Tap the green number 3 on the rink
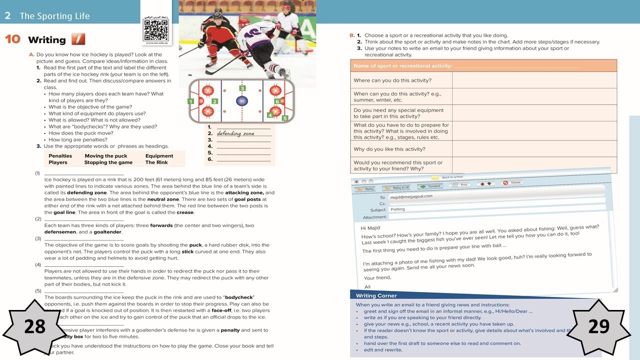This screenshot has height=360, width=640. (242, 88)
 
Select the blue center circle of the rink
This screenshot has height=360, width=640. (242, 101)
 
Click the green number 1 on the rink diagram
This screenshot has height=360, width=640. (190, 101)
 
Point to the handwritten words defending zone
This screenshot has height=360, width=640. (235, 133)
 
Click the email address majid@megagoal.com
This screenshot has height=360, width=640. (411, 196)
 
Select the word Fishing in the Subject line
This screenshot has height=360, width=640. (397, 209)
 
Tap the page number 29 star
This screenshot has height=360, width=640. (598, 326)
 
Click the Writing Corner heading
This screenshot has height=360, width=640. (376, 295)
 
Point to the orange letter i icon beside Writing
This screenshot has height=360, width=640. (78, 39)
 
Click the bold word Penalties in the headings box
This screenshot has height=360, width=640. (60, 156)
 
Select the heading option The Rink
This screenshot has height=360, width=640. (156, 162)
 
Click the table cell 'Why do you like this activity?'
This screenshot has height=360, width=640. (389, 149)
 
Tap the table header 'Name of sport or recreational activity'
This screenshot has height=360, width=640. (402, 66)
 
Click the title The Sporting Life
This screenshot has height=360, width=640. (54, 16)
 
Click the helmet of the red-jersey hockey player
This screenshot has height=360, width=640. (218, 15)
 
